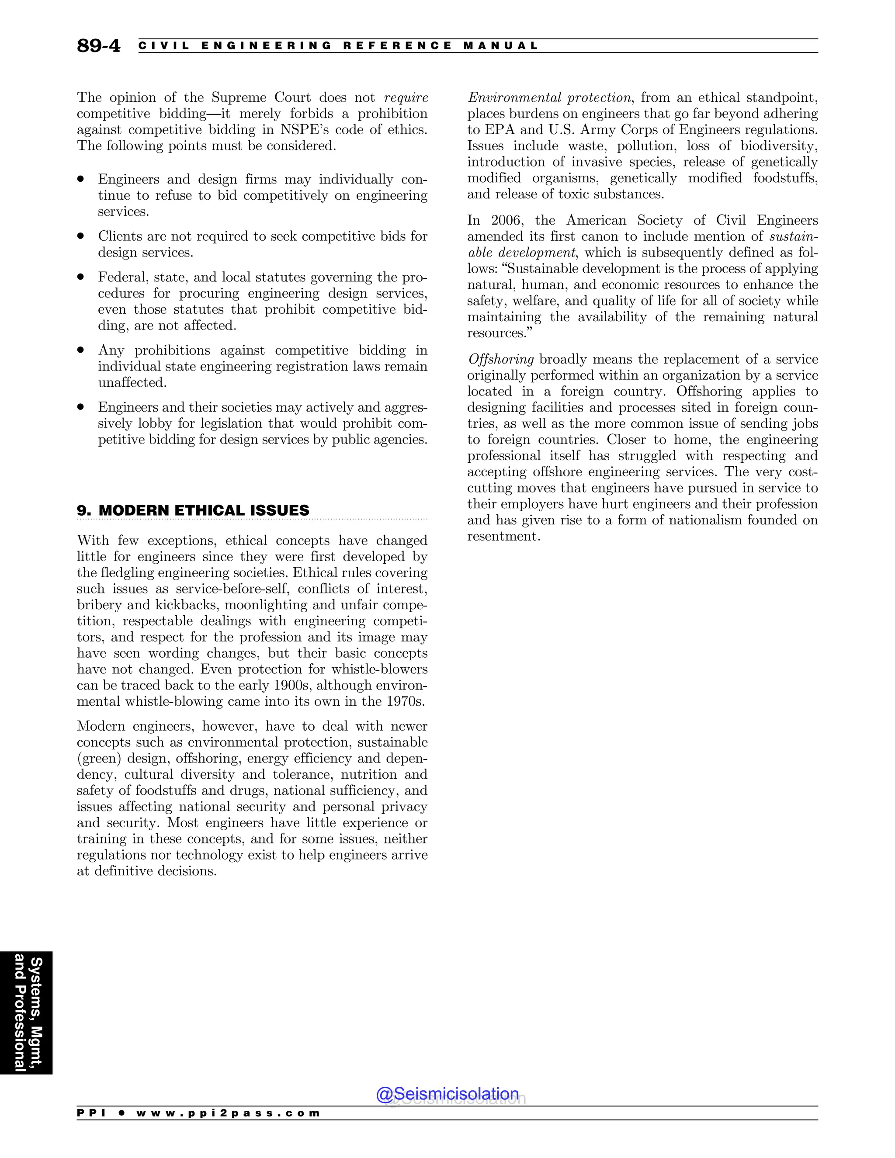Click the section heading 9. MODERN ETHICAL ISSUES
pyautogui.click(x=193, y=510)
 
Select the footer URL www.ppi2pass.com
pyautogui.click(x=228, y=1113)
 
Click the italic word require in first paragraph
pyautogui.click(x=406, y=97)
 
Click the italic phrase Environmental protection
pyautogui.click(x=549, y=97)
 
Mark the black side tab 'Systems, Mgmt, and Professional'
pyautogui.click(x=27, y=1013)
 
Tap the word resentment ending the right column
pyautogui.click(x=502, y=536)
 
